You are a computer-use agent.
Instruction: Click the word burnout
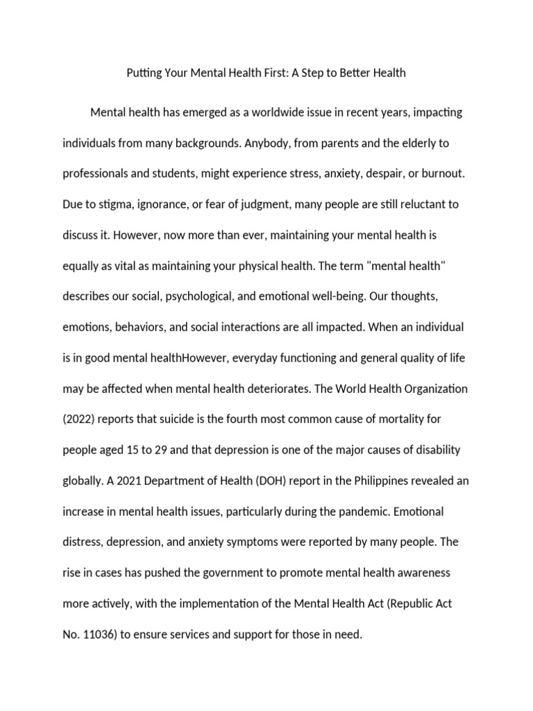point(440,174)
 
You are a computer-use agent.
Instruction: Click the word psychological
point(197,296)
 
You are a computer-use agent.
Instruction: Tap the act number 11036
point(101,634)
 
